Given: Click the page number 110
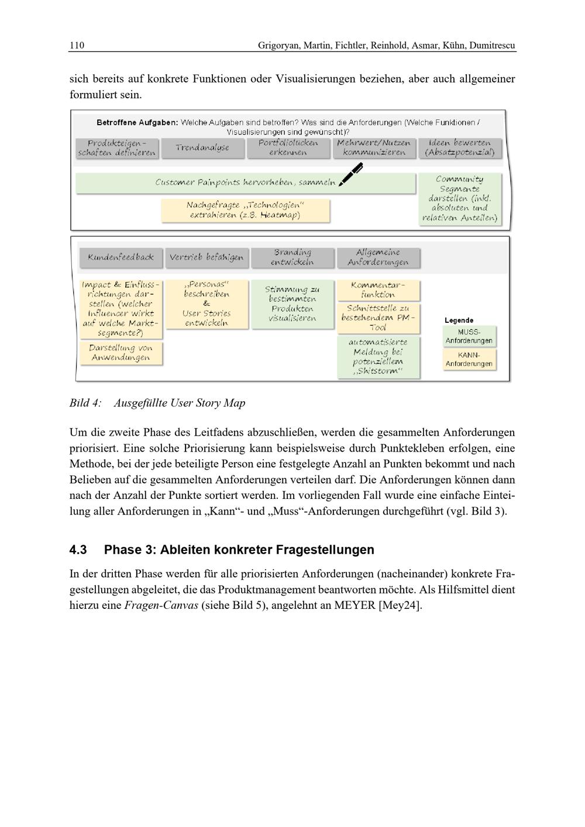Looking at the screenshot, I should [x=77, y=46].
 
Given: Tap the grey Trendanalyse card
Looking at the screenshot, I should [x=202, y=148].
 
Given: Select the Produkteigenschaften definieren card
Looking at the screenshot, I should [x=117, y=148].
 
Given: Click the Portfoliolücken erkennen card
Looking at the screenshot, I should [x=288, y=148].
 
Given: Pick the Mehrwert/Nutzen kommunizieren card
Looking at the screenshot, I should [x=374, y=148].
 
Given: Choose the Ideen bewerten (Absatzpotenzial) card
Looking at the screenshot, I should [x=460, y=148].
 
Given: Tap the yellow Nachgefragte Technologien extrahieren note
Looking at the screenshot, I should [x=245, y=210].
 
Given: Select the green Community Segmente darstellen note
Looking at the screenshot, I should [x=459, y=199].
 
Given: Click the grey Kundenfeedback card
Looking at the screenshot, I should [x=121, y=257].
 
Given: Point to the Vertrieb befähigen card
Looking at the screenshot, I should [x=207, y=257].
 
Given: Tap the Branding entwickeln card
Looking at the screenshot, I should [x=292, y=257].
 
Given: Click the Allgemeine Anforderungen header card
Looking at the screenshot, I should [x=378, y=257].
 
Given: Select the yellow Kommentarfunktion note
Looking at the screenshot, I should [x=378, y=290].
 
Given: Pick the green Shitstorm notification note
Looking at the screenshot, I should [x=378, y=357].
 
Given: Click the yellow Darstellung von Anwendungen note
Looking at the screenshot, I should [x=121, y=353].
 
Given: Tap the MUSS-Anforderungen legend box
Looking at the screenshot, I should [x=469, y=336].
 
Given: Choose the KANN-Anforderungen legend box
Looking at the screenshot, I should [x=469, y=359].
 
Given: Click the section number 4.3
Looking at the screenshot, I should [x=78, y=550].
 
